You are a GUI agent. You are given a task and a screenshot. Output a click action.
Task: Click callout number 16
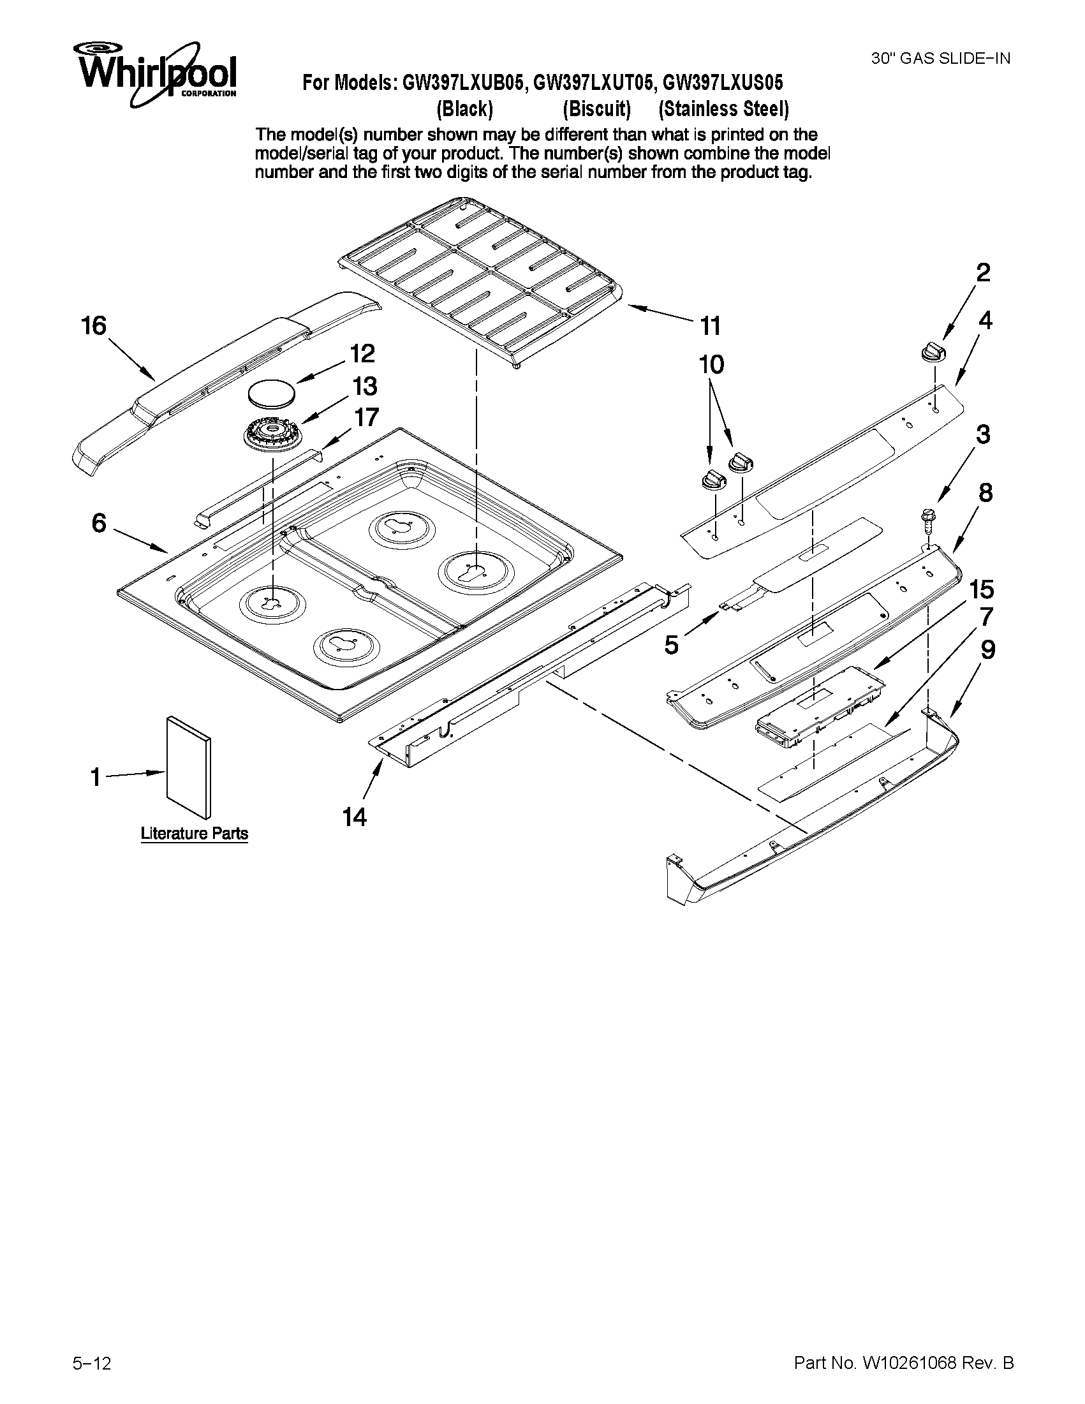(x=94, y=326)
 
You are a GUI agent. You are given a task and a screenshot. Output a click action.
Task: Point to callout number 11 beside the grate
(x=711, y=327)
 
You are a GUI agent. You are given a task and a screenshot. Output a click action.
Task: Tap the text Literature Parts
(x=194, y=834)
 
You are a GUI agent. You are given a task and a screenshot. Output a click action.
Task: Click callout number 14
(x=354, y=817)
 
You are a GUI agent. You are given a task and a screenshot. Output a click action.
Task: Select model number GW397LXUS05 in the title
(x=723, y=83)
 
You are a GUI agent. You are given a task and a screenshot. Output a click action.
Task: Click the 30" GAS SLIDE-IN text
(x=940, y=59)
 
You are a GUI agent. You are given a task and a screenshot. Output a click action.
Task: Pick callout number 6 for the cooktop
(x=98, y=523)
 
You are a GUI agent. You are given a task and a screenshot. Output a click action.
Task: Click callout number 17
(x=366, y=417)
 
